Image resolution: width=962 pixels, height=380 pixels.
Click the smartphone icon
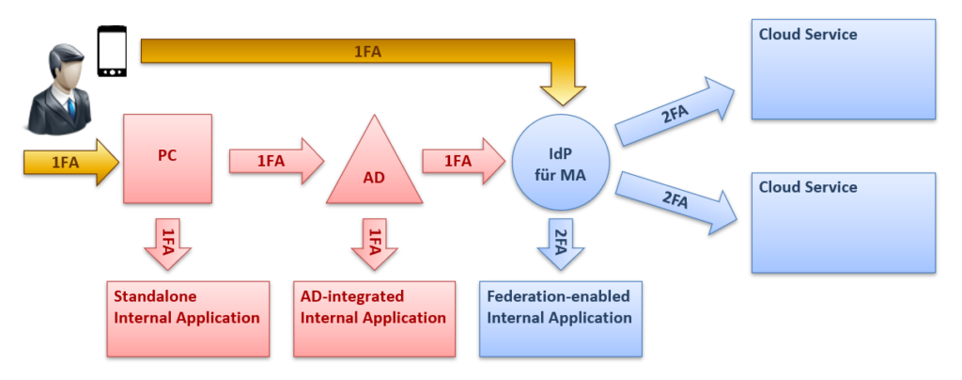pyautogui.click(x=112, y=53)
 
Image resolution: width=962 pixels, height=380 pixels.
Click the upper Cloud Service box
pyautogui.click(x=843, y=68)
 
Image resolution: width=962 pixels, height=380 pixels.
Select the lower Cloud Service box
pyautogui.click(x=843, y=222)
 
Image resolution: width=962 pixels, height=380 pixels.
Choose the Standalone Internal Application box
pyautogui.click(x=188, y=318)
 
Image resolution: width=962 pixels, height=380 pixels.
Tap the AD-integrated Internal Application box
pyautogui.click(x=373, y=318)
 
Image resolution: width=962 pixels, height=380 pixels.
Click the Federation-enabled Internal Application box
pyautogui.click(x=561, y=318)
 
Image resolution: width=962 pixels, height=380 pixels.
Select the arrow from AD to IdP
pyautogui.click(x=460, y=161)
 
